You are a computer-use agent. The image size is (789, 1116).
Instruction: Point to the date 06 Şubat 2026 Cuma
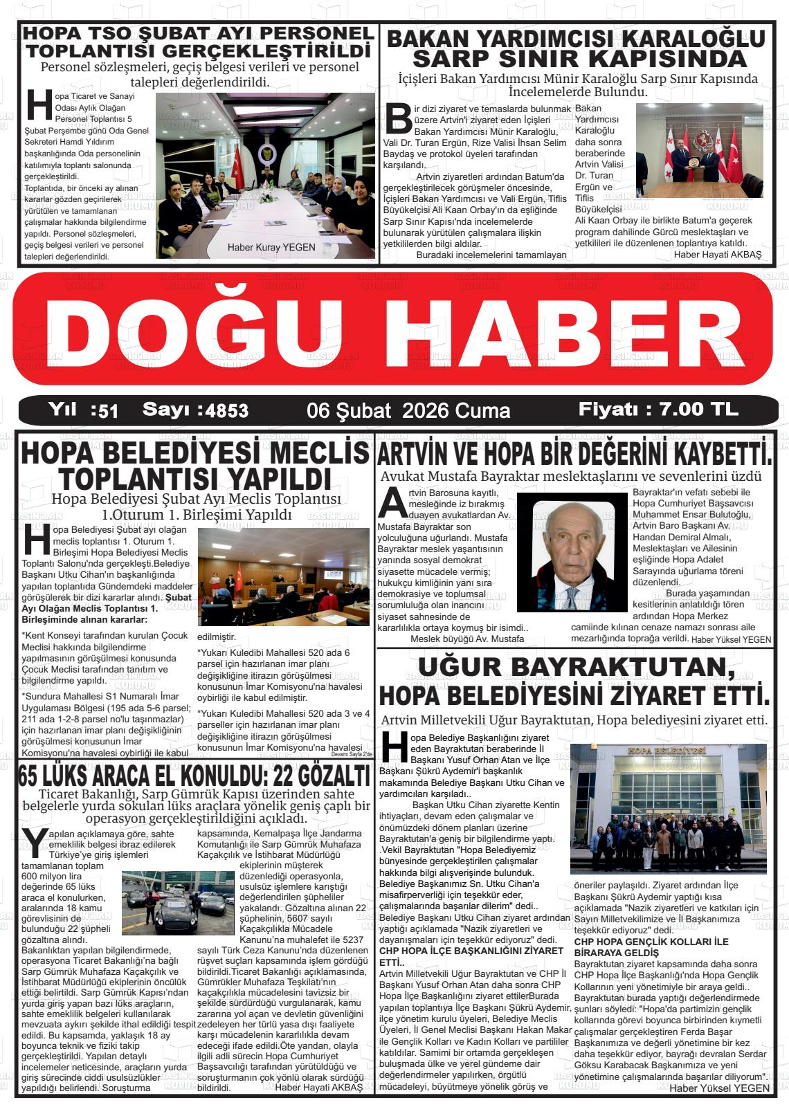(408, 410)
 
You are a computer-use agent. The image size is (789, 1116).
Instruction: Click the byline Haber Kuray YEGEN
(271, 247)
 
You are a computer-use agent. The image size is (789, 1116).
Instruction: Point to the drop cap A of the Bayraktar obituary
(392, 502)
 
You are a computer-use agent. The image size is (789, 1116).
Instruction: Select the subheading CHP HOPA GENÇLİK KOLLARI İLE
(651, 942)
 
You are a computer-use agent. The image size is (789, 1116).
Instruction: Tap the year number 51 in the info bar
(108, 411)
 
